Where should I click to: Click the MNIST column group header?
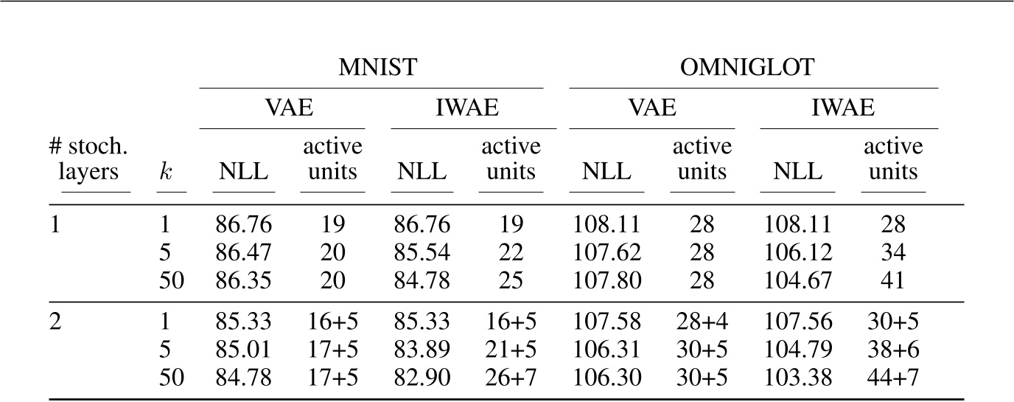click(x=377, y=68)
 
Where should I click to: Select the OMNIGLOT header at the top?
click(x=753, y=68)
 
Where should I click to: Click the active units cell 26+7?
click(x=510, y=378)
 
